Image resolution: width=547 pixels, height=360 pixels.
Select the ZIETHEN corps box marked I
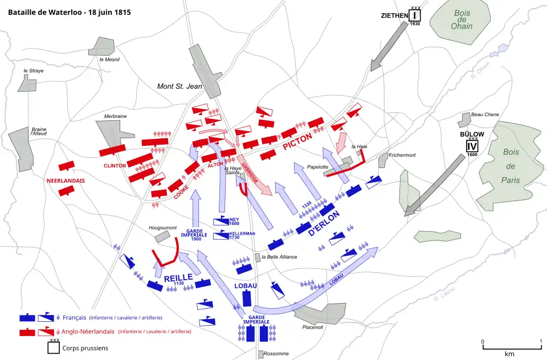click(x=415, y=15)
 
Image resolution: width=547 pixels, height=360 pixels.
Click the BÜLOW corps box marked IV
click(x=472, y=145)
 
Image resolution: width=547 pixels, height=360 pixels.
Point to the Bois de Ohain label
click(x=462, y=19)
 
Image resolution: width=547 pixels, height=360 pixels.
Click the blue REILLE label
click(x=178, y=279)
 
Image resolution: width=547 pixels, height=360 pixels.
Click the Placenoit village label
click(x=314, y=327)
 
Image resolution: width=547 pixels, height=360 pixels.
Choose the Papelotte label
click(x=317, y=167)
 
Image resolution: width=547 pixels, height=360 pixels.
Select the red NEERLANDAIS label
click(x=66, y=181)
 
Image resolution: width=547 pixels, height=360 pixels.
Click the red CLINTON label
click(x=115, y=166)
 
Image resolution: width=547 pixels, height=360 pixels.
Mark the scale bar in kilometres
click(x=512, y=347)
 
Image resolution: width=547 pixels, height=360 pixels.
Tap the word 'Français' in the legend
click(x=75, y=317)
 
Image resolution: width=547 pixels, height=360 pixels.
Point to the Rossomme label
click(x=276, y=354)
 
